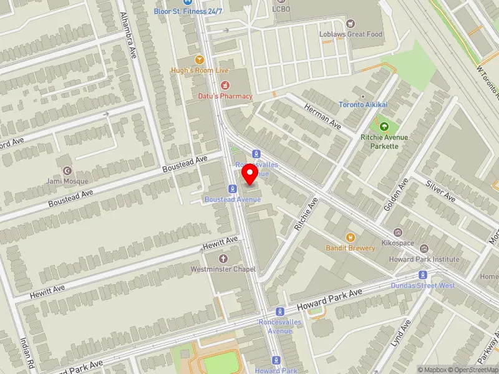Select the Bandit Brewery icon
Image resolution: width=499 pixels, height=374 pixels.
click(350, 237)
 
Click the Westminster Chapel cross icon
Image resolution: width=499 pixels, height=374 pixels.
click(223, 258)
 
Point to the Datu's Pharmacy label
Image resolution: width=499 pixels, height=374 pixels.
click(225, 96)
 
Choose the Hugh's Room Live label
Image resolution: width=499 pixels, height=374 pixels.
click(200, 70)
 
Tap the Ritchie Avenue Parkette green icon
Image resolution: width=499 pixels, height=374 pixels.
click(383, 127)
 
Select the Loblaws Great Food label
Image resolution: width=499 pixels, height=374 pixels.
click(351, 34)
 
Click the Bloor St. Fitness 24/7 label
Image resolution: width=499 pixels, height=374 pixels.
click(188, 11)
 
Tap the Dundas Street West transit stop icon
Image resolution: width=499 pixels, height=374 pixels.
click(424, 275)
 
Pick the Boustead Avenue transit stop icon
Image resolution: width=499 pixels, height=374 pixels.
click(231, 188)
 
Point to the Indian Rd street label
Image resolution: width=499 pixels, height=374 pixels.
click(27, 353)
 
